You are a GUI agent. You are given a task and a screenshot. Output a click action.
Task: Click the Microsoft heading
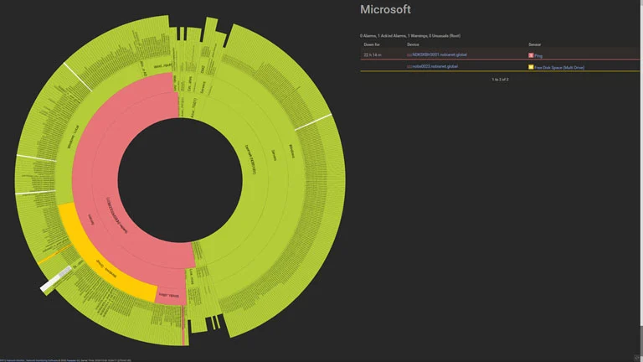pyautogui.click(x=385, y=10)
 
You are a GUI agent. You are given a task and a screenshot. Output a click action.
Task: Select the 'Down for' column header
pyautogui.click(x=371, y=44)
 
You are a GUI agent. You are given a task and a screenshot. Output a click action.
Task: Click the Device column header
pyautogui.click(x=413, y=44)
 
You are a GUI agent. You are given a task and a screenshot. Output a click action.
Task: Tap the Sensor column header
pyautogui.click(x=535, y=44)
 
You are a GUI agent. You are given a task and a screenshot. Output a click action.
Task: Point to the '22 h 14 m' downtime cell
pyautogui.click(x=372, y=54)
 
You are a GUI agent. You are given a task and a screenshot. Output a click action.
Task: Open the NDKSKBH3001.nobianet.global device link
pyautogui.click(x=440, y=54)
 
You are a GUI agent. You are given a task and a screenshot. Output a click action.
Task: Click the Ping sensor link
pyautogui.click(x=539, y=54)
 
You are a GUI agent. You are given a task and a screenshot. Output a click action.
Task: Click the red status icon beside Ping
pyautogui.click(x=531, y=54)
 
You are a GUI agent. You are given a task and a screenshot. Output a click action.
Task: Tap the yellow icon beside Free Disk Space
pyautogui.click(x=531, y=66)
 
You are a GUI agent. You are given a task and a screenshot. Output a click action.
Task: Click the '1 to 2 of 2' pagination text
pyautogui.click(x=500, y=79)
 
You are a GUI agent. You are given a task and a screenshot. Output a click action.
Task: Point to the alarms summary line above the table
pyautogui.click(x=409, y=36)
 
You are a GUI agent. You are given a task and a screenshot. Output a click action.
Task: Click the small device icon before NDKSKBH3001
pyautogui.click(x=409, y=54)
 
